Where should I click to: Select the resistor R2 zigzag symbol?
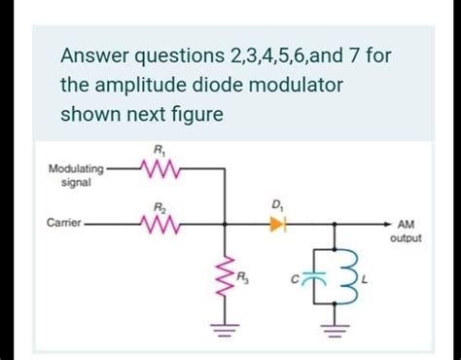point(160,224)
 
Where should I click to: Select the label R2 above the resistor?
point(160,207)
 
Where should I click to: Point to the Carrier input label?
point(63,224)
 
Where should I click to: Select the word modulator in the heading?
point(295,87)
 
